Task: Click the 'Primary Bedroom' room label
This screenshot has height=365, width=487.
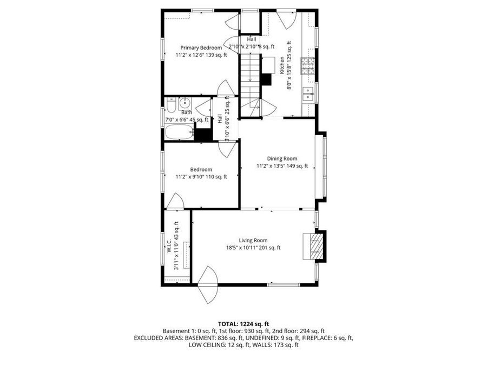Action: [201, 48]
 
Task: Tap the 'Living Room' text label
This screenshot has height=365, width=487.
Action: [253, 241]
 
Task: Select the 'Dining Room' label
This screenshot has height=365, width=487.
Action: [282, 158]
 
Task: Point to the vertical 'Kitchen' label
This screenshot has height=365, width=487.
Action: [282, 65]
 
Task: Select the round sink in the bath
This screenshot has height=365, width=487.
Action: [184, 103]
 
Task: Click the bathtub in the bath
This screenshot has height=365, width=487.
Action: [179, 131]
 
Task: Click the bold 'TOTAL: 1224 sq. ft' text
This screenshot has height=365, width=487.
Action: [243, 323]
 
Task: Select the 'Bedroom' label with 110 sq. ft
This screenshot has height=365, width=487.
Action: [201, 169]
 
